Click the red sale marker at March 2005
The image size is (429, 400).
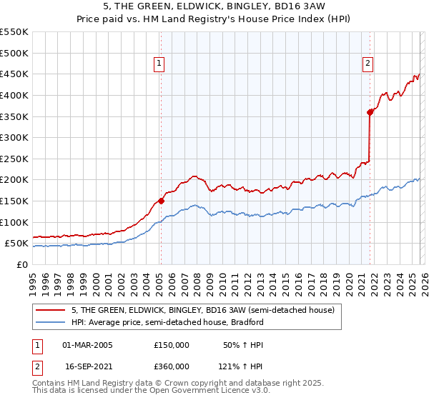click(x=161, y=201)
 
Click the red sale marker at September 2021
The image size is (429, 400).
click(x=370, y=111)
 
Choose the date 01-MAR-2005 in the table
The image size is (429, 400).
click(x=87, y=345)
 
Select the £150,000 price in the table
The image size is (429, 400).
click(x=172, y=345)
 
